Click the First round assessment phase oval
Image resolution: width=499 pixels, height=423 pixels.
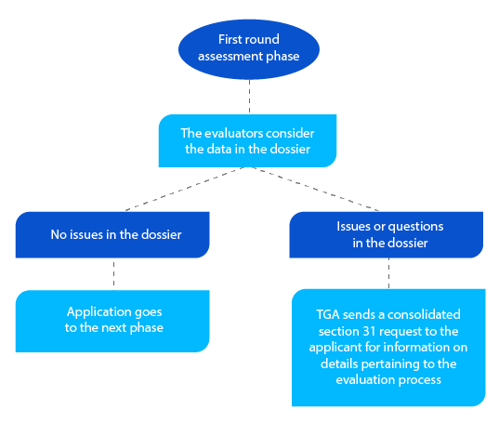(248, 48)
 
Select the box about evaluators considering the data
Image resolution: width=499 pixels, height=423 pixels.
(248, 140)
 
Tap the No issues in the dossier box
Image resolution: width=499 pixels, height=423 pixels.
(112, 235)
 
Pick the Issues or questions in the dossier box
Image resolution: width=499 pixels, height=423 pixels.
(388, 235)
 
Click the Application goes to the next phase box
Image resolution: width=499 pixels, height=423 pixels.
(112, 321)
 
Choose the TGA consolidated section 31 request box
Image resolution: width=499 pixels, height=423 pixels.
(388, 347)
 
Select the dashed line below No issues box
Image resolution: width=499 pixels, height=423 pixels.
(112, 273)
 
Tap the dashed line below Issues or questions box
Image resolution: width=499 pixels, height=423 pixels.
(388, 273)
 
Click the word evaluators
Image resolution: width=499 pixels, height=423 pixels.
(230, 133)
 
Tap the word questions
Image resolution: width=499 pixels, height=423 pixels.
(416, 227)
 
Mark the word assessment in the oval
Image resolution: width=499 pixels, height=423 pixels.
(232, 56)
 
